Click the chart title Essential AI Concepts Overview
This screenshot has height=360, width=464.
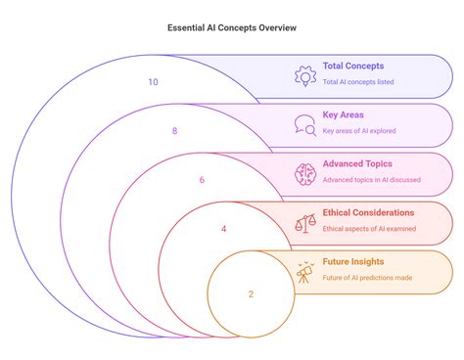click(231, 28)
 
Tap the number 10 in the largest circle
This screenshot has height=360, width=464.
click(153, 82)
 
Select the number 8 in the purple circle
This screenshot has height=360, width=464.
click(174, 130)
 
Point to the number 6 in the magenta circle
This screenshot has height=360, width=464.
click(202, 180)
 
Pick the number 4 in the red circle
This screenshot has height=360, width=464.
click(223, 229)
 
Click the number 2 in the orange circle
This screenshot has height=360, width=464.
click(251, 293)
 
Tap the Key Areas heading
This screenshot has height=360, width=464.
click(344, 114)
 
